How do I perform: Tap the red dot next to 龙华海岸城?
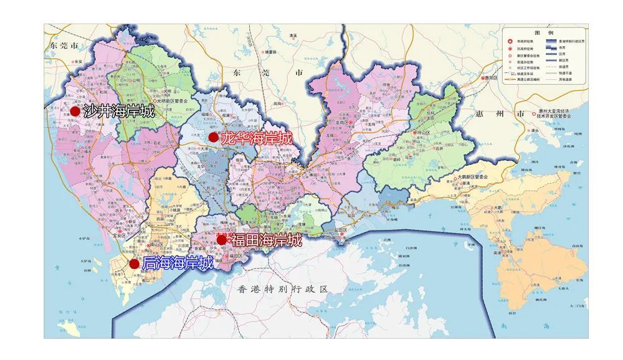[x=214, y=137]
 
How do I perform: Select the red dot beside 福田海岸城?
[x=222, y=239]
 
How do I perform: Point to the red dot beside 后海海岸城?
[x=134, y=263]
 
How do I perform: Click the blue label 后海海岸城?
[x=178, y=263]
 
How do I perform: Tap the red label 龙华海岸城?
[x=256, y=138]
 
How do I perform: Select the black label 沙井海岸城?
[x=118, y=111]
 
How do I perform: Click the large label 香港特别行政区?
[x=283, y=289]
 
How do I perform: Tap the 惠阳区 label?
[x=494, y=78]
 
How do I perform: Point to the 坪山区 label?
[x=424, y=133]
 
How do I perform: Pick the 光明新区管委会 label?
[x=171, y=100]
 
